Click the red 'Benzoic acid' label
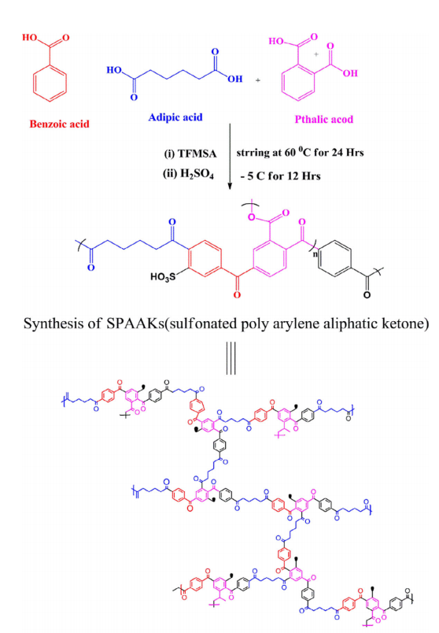point(59,124)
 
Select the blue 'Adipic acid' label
point(175,117)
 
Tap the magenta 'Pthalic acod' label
point(323,119)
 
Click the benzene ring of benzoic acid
point(50,83)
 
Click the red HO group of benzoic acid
point(29,38)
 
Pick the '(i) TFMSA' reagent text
point(190,154)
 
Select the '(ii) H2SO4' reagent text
point(188,174)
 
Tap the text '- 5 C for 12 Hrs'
point(280,176)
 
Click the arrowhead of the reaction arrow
point(230,186)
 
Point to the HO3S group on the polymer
point(163,276)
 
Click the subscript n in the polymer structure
point(315,254)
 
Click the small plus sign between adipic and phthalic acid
point(258,80)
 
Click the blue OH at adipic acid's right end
point(234,79)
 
